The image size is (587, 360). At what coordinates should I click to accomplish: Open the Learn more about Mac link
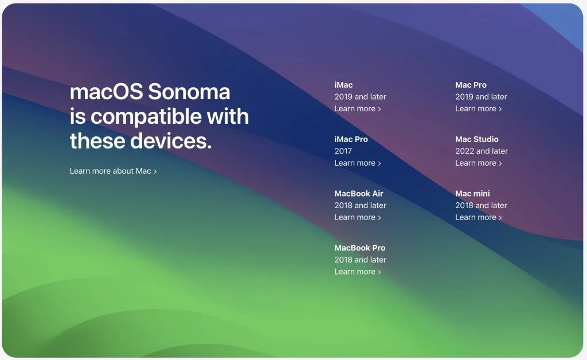point(113,171)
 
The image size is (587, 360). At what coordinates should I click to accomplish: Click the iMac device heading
point(343,85)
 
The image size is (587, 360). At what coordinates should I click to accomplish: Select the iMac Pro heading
point(351,139)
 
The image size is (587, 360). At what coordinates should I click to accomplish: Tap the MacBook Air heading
point(359,194)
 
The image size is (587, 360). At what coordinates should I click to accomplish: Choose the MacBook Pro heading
point(359,248)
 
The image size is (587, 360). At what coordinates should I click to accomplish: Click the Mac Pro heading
point(471,85)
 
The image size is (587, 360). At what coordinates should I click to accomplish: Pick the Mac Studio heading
point(477,139)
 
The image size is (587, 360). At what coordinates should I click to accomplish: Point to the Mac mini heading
point(472,194)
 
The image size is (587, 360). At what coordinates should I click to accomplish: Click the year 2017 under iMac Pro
point(343,151)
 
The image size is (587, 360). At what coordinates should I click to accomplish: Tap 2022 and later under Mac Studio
point(482,151)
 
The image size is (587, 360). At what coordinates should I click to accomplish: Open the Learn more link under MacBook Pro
point(358,272)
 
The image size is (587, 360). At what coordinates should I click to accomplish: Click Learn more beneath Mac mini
point(479,217)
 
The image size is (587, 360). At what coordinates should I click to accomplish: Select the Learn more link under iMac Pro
point(358,163)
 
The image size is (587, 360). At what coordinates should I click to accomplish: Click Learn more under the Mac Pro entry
point(479,109)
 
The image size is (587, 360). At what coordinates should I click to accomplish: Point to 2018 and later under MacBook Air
point(360,205)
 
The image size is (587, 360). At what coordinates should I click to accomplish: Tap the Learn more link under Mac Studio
point(479,163)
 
